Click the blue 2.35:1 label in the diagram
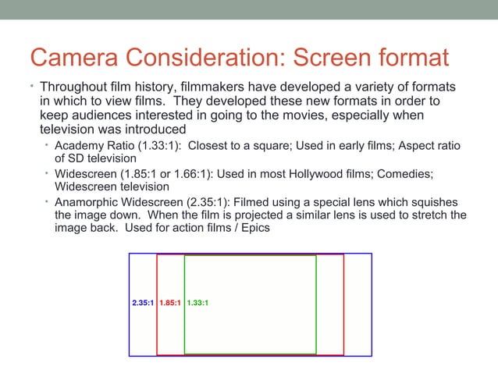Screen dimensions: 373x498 pyautogui.click(x=142, y=304)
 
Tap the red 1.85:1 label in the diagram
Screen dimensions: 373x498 pyautogui.click(x=170, y=304)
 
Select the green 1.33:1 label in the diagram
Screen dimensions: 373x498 pyautogui.click(x=197, y=304)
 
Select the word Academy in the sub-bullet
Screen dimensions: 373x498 pyautogui.click(x=78, y=146)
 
